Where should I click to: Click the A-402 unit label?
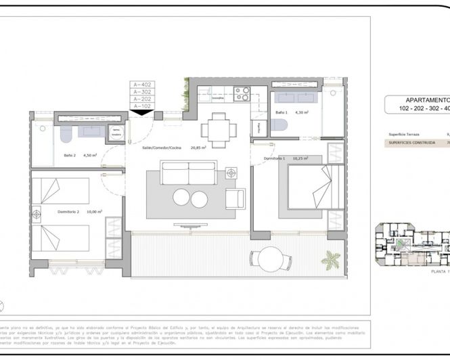(143, 85)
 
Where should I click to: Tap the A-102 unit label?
(143, 106)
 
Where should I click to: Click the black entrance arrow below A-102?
(143, 113)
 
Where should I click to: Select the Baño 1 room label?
(282, 112)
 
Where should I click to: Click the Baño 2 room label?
(70, 155)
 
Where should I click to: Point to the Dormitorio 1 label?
(275, 158)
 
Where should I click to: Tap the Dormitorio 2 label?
(70, 211)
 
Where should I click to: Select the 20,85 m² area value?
(198, 148)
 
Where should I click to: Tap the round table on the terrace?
(272, 258)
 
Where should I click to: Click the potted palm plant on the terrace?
(332, 260)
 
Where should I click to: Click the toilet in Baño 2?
(66, 136)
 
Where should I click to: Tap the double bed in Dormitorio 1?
(308, 187)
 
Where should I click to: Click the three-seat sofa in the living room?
(189, 173)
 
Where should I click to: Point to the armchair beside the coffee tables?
(235, 198)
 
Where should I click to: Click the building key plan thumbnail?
(412, 244)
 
